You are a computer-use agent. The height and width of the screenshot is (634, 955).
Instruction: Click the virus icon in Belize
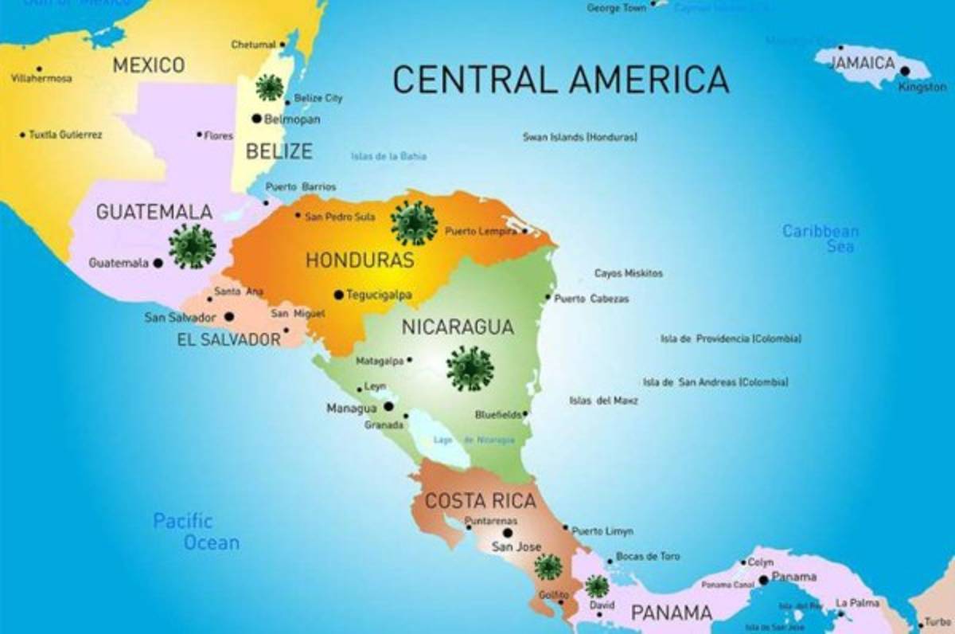pyautogui.click(x=269, y=87)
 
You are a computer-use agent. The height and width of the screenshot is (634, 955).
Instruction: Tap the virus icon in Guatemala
pyautogui.click(x=192, y=245)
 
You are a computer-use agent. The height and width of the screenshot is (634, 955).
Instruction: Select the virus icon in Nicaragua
pyautogui.click(x=470, y=368)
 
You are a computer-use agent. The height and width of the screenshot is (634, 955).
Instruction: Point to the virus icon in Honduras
pyautogui.click(x=414, y=222)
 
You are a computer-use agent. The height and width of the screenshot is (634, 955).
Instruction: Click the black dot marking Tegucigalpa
pyautogui.click(x=338, y=295)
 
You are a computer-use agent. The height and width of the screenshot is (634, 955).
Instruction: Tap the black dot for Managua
pyautogui.click(x=388, y=406)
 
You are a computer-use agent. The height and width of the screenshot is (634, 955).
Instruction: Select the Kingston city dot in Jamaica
pyautogui.click(x=904, y=71)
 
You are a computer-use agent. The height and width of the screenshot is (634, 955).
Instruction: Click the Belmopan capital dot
pyautogui.click(x=256, y=119)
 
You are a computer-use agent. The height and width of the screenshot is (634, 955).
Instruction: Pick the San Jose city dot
pyautogui.click(x=508, y=533)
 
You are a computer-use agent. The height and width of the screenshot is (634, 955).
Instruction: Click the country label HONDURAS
pyautogui.click(x=360, y=260)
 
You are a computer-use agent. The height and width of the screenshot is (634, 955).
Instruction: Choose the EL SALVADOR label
pyautogui.click(x=229, y=340)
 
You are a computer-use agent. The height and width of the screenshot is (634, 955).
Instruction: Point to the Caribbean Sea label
pyautogui.click(x=821, y=238)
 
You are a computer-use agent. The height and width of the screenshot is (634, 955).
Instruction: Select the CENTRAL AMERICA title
pyautogui.click(x=560, y=80)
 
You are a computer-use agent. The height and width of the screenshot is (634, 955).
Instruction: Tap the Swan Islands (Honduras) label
pyautogui.click(x=579, y=137)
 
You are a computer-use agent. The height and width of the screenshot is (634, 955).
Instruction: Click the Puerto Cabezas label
pyautogui.click(x=591, y=299)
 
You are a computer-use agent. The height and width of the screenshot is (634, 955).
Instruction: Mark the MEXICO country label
pyautogui.click(x=148, y=65)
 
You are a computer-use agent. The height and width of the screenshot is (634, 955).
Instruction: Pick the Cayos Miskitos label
pyautogui.click(x=628, y=273)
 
